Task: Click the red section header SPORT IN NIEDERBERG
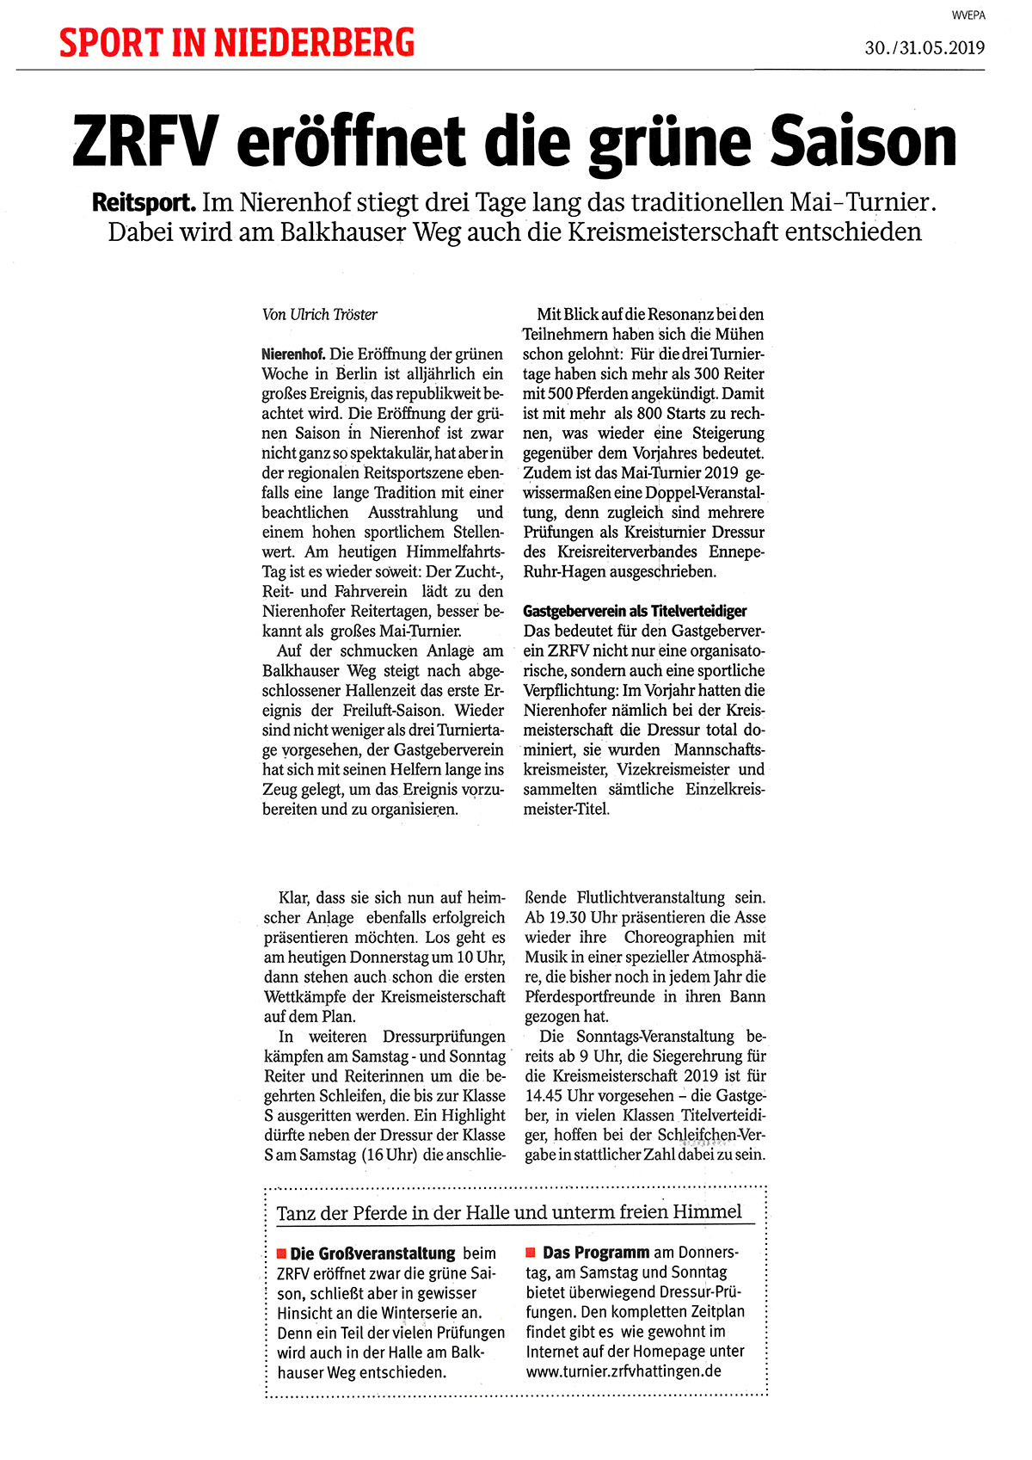click(236, 42)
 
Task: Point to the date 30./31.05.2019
click(924, 48)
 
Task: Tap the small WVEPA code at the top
click(967, 15)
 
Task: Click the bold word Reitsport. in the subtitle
click(144, 203)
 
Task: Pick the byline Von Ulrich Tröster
click(320, 315)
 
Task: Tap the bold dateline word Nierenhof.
click(293, 354)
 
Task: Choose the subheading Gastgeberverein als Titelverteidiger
click(635, 611)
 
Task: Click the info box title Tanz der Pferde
click(508, 1212)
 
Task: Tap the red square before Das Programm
click(531, 1253)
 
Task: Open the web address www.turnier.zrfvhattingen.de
click(623, 1371)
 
